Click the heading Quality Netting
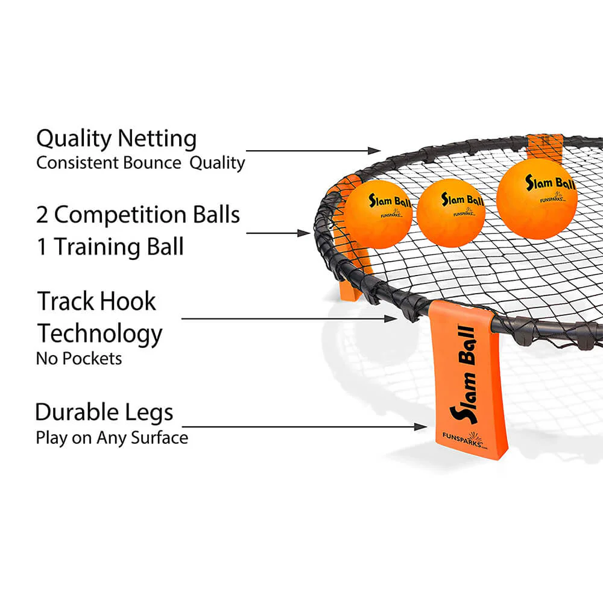(x=116, y=139)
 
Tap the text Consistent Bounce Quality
(x=140, y=163)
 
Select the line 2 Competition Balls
(x=138, y=215)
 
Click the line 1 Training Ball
(x=110, y=247)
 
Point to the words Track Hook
(x=97, y=301)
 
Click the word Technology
(x=100, y=333)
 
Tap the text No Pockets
(x=79, y=358)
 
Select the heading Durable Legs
(x=104, y=412)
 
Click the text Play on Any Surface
(x=112, y=437)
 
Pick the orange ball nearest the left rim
(x=378, y=214)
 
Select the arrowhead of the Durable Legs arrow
(x=423, y=427)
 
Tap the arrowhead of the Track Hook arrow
(x=393, y=318)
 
